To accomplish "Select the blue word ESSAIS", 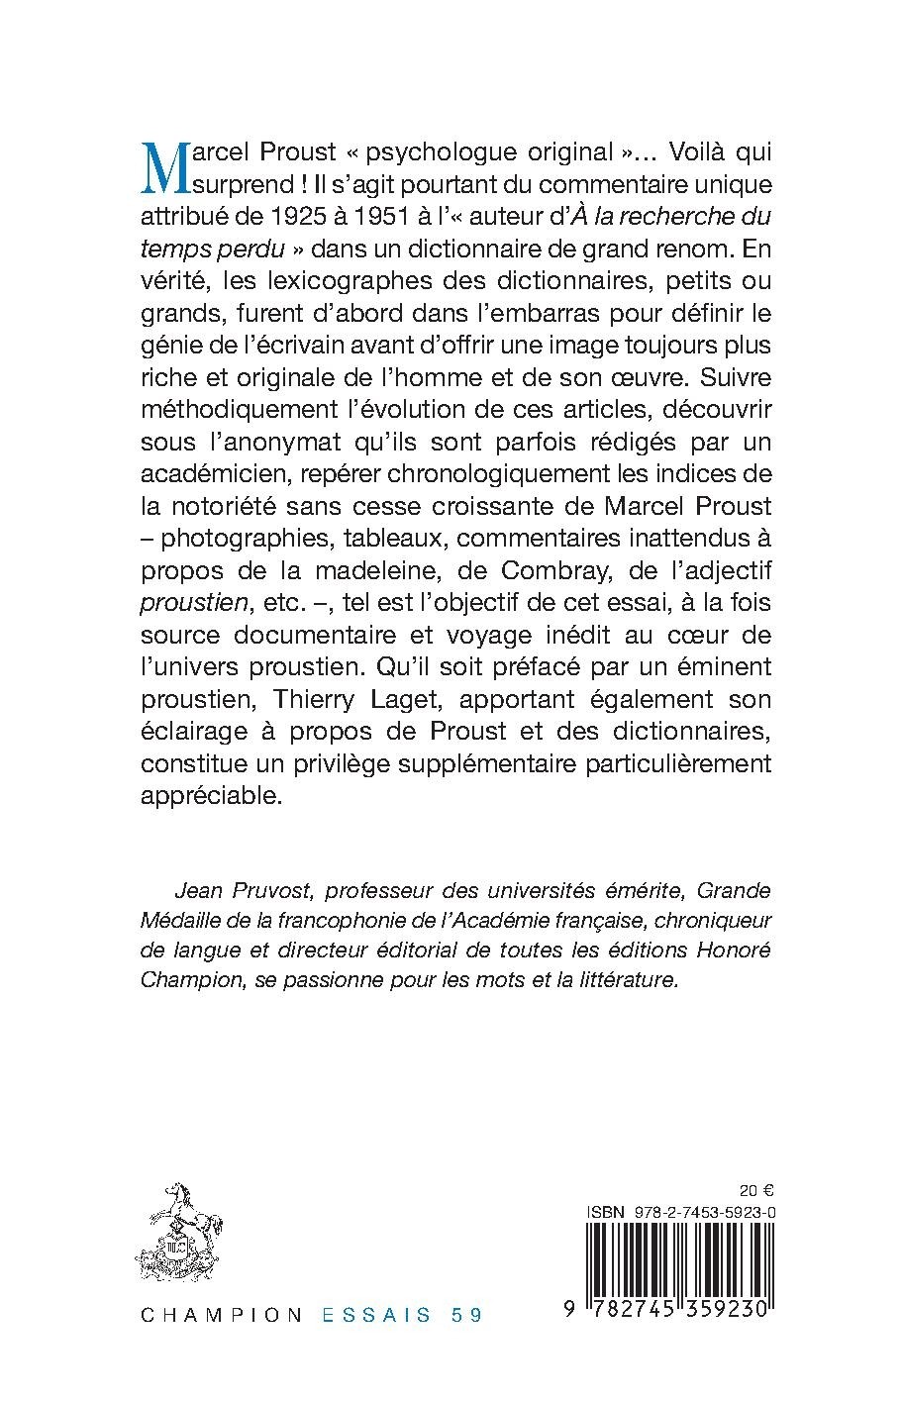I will [376, 1315].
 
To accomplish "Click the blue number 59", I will [464, 1315].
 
